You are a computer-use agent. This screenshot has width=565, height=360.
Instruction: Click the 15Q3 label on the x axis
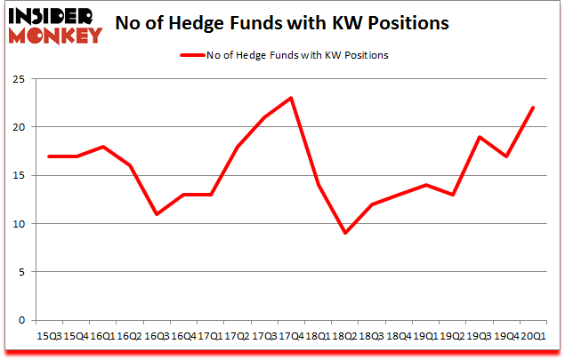point(49,335)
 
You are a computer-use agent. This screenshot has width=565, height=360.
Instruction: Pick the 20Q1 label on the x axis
point(532,335)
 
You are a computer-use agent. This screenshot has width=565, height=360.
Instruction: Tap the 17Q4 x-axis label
point(290,335)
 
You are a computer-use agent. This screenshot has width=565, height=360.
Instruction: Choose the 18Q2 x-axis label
point(343,335)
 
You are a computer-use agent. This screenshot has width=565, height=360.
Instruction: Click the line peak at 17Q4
point(290,98)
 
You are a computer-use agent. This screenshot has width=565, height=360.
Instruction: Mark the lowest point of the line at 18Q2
point(343,233)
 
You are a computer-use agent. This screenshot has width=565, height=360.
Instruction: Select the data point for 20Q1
point(532,108)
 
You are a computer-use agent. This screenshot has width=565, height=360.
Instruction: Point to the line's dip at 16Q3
point(156,214)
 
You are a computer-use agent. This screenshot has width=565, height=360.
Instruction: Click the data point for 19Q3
point(479,137)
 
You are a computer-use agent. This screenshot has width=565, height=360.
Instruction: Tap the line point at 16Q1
point(102,147)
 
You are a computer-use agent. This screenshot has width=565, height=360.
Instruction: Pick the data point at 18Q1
point(317,185)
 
